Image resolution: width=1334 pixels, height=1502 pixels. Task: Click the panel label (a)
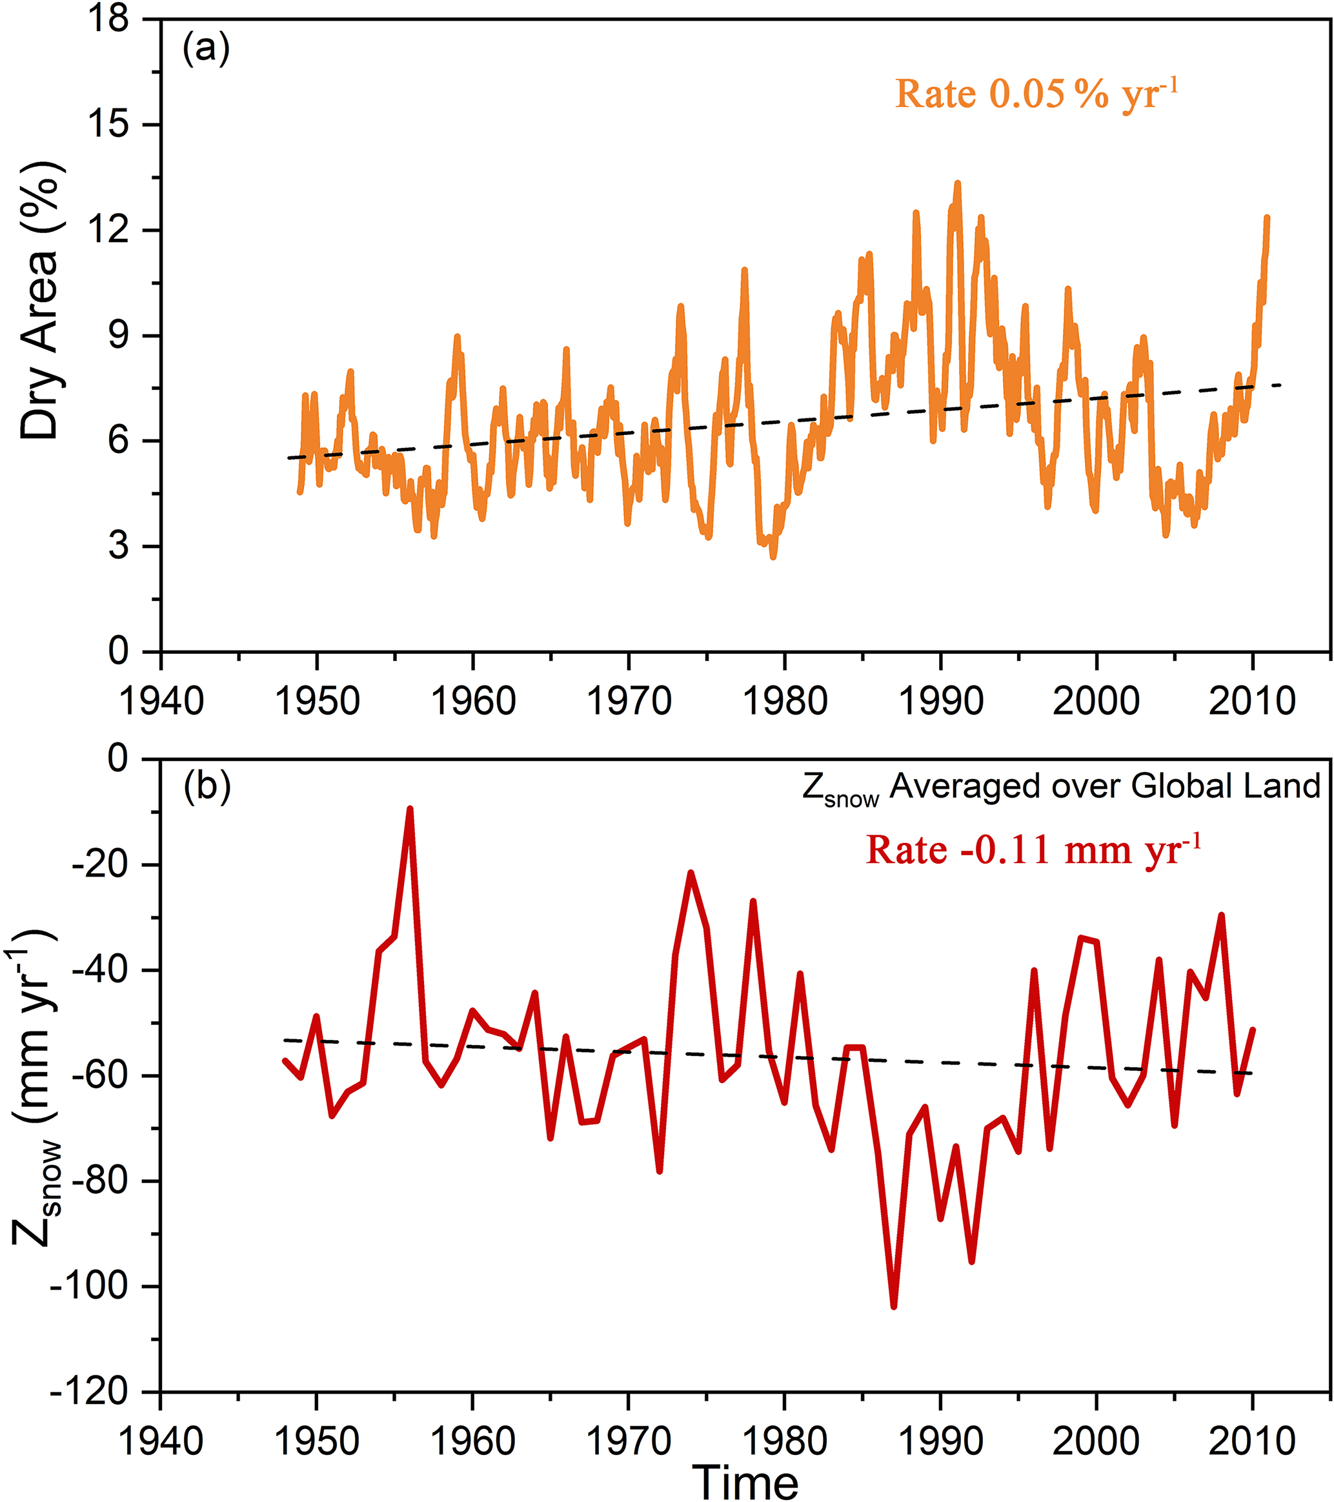pos(207,49)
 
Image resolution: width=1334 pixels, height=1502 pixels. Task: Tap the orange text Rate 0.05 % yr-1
pos(1036,94)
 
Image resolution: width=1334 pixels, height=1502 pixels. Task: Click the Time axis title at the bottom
pos(745,1481)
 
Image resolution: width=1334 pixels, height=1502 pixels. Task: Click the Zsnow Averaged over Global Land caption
pos(1061,787)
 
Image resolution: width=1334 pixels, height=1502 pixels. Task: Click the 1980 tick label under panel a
pos(785,701)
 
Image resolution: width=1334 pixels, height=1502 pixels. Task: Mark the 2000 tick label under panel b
pos(1096,1441)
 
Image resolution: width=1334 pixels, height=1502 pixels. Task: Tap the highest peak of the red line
pos(410,808)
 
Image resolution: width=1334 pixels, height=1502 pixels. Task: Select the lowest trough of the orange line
pos(773,558)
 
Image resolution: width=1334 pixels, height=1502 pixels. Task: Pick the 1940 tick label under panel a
pos(161,701)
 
